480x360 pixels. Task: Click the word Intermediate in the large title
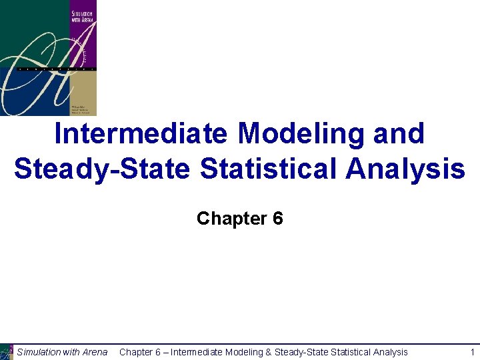pos(142,134)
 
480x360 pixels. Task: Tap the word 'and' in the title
pos(399,134)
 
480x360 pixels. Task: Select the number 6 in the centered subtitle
pos(278,218)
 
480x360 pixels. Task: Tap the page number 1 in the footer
pos(472,352)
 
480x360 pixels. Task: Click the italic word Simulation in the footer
pos(39,352)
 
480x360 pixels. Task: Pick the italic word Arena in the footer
pos(95,352)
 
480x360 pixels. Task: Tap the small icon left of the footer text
pos(7,351)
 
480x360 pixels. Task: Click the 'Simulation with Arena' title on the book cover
pos(82,16)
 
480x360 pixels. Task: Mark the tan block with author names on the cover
pos(82,93)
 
